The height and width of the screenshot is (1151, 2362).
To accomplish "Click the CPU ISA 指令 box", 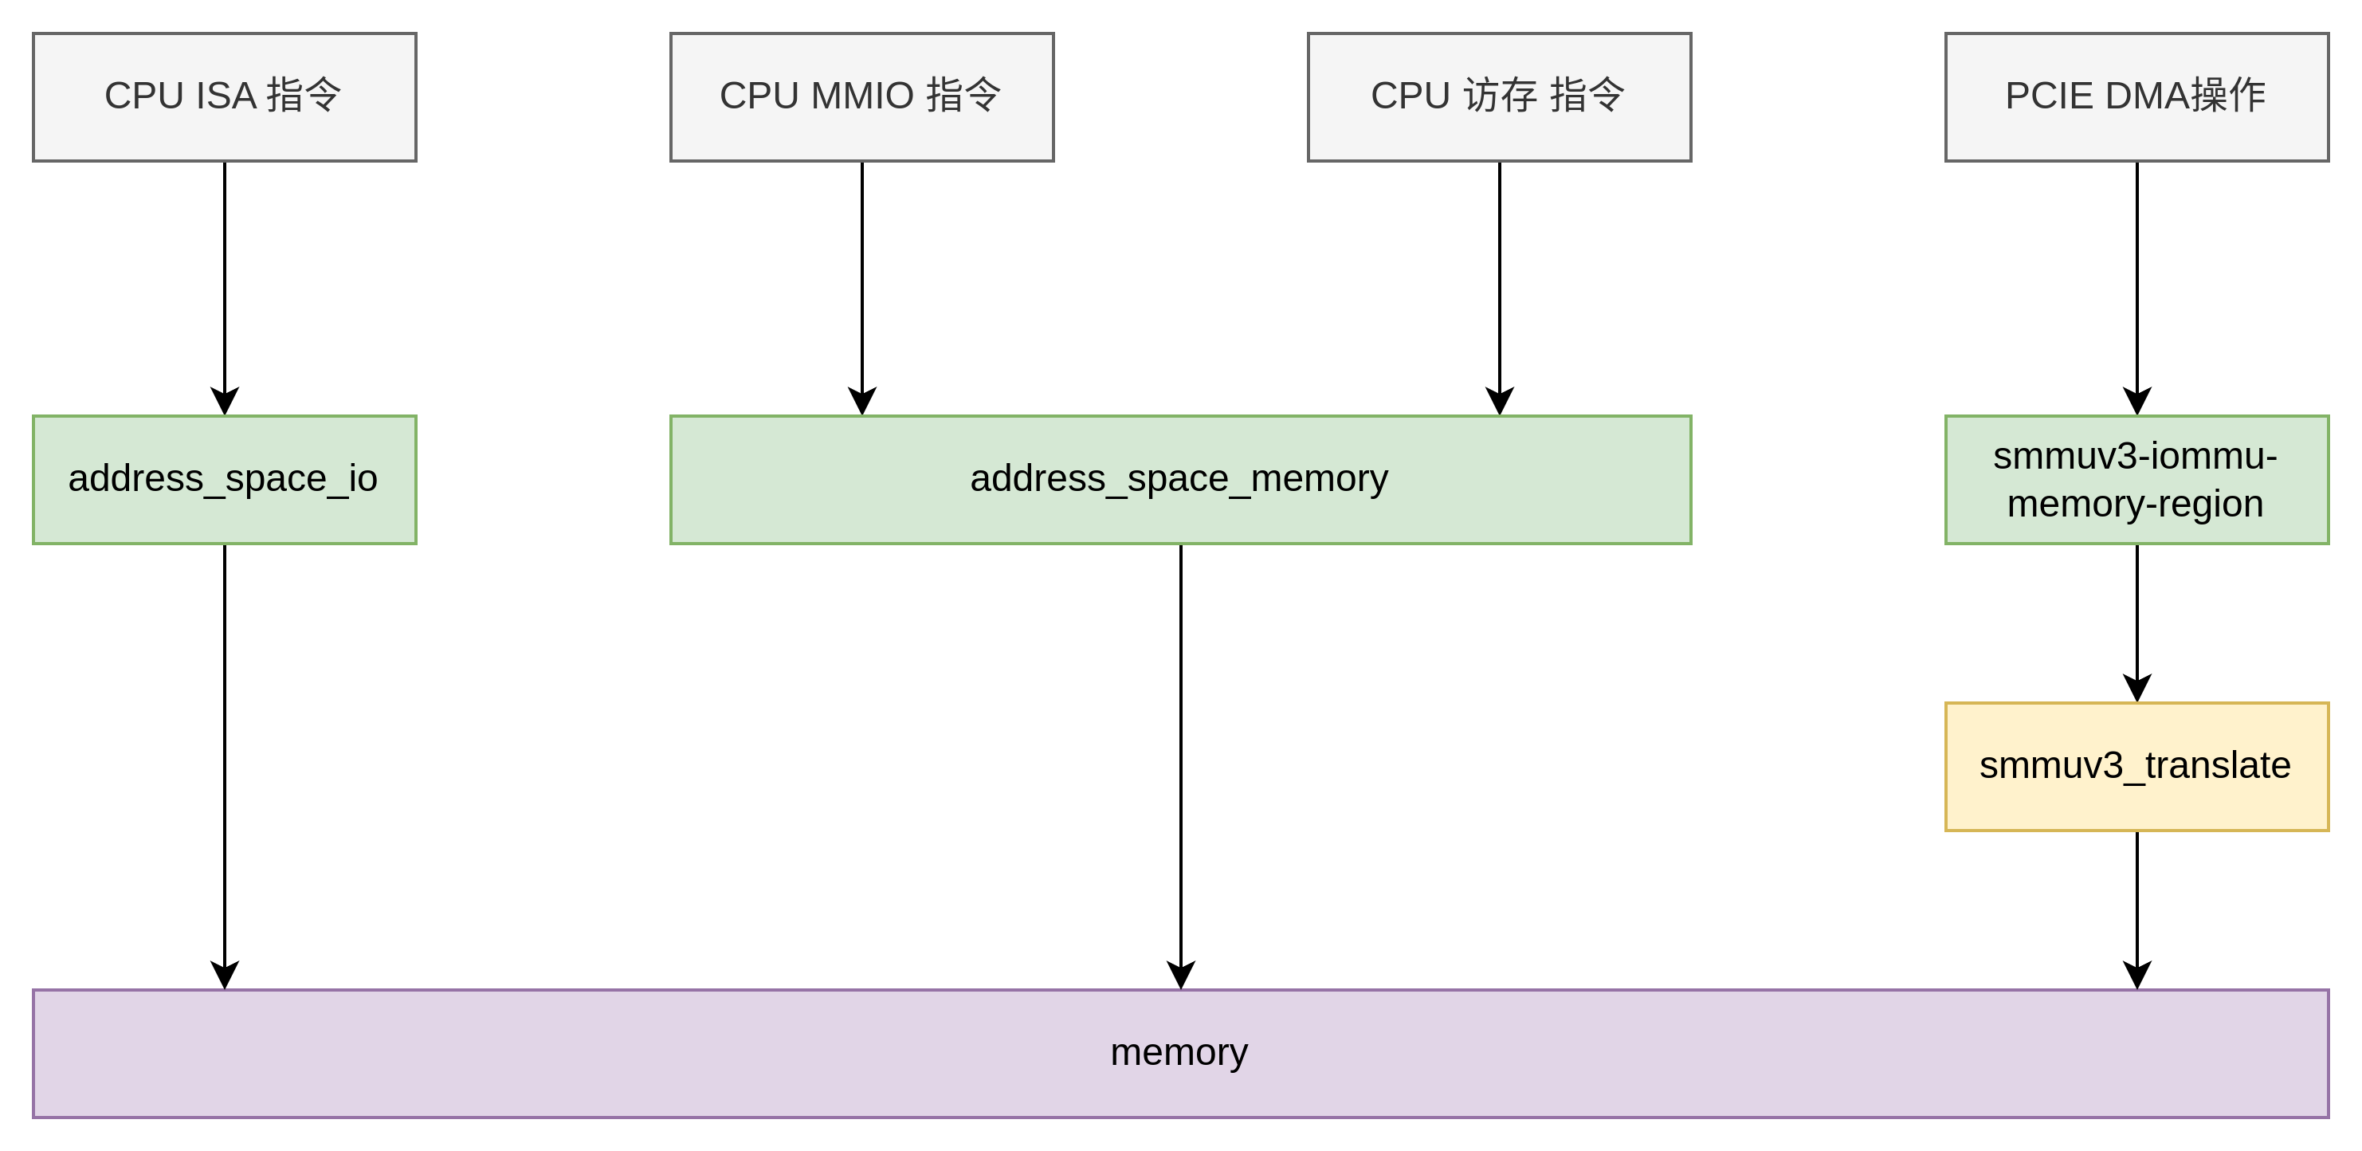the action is [x=225, y=97].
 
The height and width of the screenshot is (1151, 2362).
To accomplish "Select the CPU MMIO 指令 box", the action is [x=862, y=97].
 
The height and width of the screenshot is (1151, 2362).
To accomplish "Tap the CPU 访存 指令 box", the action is [x=1499, y=97].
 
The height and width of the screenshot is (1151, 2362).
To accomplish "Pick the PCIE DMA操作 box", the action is [x=2136, y=97].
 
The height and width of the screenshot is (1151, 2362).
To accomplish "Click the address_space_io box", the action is [x=225, y=480].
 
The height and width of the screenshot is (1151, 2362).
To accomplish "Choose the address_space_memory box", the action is [x=1180, y=480].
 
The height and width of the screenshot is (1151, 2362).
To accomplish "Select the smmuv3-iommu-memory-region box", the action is [x=2136, y=480].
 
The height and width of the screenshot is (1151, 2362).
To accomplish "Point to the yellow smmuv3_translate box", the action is [x=2136, y=767].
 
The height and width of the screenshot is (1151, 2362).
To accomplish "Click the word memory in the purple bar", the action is [x=1179, y=1052].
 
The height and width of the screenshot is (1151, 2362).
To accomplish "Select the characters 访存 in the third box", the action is [x=1500, y=96].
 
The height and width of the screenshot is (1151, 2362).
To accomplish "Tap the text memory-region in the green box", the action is [x=2136, y=504].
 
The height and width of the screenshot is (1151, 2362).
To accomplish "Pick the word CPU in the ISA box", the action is [x=143, y=96].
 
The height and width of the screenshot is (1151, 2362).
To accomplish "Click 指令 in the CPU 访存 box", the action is [x=1587, y=96].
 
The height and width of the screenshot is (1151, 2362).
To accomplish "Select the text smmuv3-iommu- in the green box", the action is [x=2136, y=456].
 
